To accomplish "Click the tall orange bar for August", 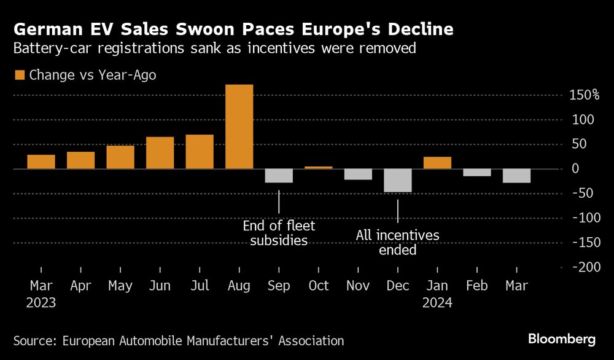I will pos(239,127).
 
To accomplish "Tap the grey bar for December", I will pos(398,181).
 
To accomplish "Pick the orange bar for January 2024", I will pos(437,163).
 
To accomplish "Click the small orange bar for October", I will pos(319,167).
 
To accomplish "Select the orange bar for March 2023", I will pos(41,162).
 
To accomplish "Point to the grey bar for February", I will pos(477,173).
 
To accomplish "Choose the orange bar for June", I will pos(160,153).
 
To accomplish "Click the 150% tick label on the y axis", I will pos(583,95).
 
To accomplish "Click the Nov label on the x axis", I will pos(358,286).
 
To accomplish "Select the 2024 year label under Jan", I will pos(437,303).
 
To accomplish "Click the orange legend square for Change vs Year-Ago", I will pos(18,76).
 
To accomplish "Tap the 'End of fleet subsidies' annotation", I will pos(279,233).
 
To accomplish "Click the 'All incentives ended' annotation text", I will pos(398,243).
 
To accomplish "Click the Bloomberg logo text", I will pos(562,339).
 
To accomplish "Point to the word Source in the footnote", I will pos(34,340).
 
